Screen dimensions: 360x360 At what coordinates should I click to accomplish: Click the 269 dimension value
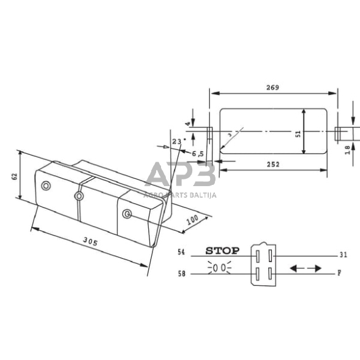pyautogui.click(x=272, y=88)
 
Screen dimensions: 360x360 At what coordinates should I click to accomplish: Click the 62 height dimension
pyautogui.click(x=13, y=176)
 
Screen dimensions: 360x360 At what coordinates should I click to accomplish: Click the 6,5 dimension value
pyautogui.click(x=198, y=154)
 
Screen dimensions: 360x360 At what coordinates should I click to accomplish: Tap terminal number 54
pyautogui.click(x=181, y=252)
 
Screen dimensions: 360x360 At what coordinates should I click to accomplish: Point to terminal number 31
pyautogui.click(x=343, y=254)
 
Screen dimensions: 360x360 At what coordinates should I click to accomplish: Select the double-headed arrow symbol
pyautogui.click(x=305, y=268)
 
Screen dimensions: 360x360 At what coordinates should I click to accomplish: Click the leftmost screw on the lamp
pyautogui.click(x=44, y=186)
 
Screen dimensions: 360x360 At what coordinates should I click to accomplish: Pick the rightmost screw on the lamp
pyautogui.click(x=127, y=213)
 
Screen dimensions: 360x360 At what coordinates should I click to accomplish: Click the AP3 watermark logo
pyautogui.click(x=180, y=176)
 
